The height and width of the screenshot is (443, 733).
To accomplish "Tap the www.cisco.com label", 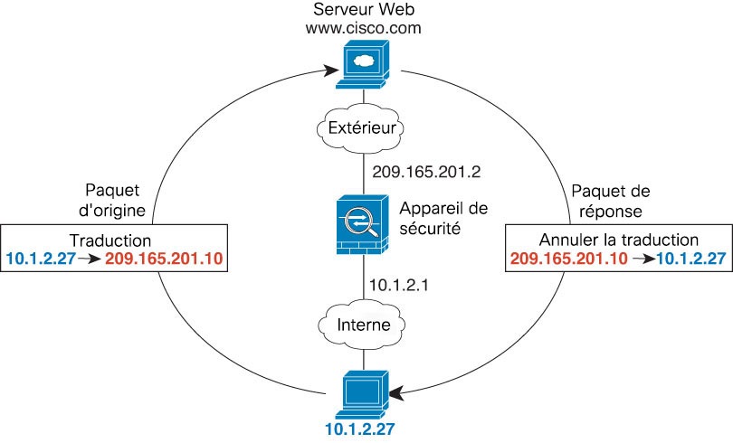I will click(366, 28).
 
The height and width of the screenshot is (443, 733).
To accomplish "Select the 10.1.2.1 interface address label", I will click(400, 285).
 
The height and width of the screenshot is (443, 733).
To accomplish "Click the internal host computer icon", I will click(365, 391).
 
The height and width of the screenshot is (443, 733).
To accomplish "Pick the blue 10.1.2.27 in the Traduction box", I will click(39, 259).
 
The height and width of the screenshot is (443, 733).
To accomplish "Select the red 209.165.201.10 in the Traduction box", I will click(164, 259).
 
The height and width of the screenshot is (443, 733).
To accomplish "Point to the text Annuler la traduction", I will click(618, 240).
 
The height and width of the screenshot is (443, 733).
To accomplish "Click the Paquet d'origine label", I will click(117, 201).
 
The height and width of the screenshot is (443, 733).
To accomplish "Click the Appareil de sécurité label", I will click(443, 218).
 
